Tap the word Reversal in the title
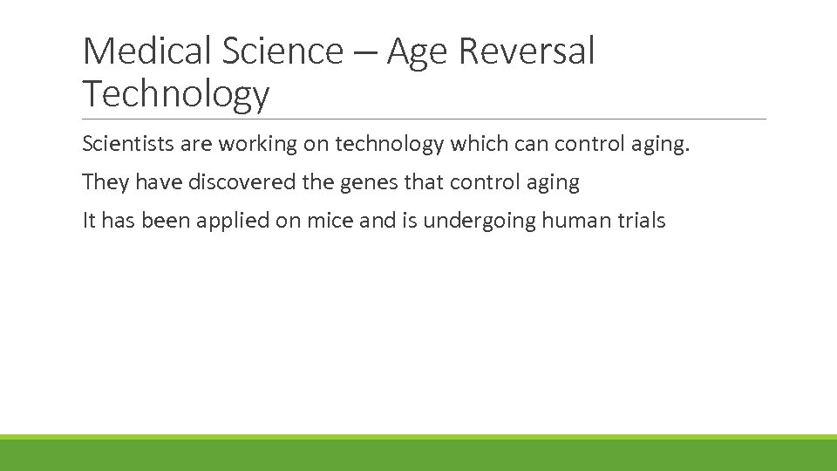(x=527, y=51)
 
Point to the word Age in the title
(x=418, y=53)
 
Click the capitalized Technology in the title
(x=176, y=93)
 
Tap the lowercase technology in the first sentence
(x=389, y=144)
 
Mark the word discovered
(x=235, y=182)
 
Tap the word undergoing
(x=479, y=221)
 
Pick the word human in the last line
(x=572, y=221)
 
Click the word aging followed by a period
(x=663, y=145)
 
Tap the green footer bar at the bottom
(x=418, y=454)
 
